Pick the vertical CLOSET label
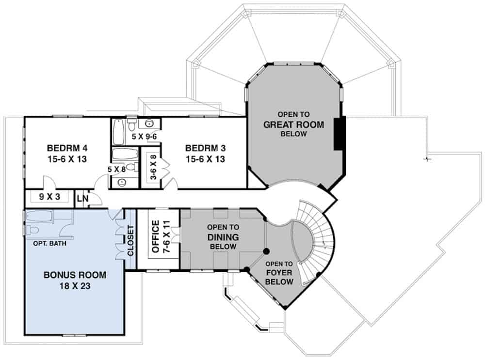point(129,240)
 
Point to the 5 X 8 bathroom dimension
point(116,170)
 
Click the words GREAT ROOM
point(293,124)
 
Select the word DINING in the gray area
point(223,237)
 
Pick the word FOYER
point(279,272)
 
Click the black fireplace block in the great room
point(339,133)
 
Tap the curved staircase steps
point(323,237)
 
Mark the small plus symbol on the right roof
point(427,158)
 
